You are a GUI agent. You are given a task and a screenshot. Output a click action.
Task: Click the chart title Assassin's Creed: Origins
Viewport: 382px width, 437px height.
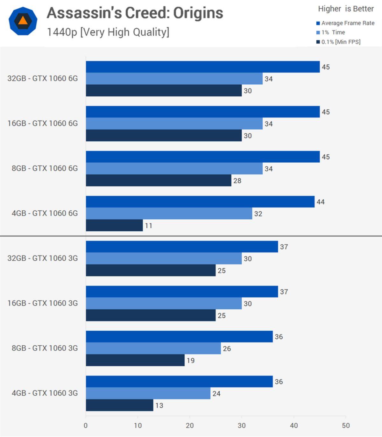pos(135,13)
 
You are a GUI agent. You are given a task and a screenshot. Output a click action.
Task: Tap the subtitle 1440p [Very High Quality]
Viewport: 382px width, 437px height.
pos(108,32)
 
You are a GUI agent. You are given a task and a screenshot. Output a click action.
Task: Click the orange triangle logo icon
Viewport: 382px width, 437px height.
pos(23,21)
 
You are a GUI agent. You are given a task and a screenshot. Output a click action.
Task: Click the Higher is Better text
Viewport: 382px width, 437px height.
pos(346,9)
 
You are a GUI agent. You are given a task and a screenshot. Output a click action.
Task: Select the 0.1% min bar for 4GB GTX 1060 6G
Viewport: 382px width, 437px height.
pos(114,225)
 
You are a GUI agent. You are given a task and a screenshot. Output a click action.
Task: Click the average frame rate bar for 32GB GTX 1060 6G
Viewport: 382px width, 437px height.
pos(202,67)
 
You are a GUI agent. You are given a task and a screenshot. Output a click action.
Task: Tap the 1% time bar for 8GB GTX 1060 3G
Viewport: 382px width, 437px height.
pos(153,349)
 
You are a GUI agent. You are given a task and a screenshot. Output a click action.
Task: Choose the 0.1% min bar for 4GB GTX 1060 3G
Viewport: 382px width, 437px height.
pos(119,405)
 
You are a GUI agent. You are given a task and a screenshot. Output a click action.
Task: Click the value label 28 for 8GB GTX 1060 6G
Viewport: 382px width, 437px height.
pos(237,181)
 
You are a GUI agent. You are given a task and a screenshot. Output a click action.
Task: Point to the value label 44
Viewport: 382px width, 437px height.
pos(321,202)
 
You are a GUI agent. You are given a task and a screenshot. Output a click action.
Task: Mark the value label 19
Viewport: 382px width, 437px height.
pos(190,361)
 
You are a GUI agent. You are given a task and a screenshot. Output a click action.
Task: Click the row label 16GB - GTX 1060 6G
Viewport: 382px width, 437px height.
pos(43,123)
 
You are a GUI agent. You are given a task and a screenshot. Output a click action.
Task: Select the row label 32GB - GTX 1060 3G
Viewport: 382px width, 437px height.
pos(43,258)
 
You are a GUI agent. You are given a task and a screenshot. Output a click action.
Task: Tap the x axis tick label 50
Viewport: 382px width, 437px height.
pos(346,426)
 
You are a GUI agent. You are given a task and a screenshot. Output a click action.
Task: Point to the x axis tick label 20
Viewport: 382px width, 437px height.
pos(190,426)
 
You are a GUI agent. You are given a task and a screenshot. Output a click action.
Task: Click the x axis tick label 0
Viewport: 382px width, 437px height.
pos(86,426)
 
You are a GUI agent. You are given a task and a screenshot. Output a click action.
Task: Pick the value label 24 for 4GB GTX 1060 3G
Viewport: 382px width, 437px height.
pos(216,394)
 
